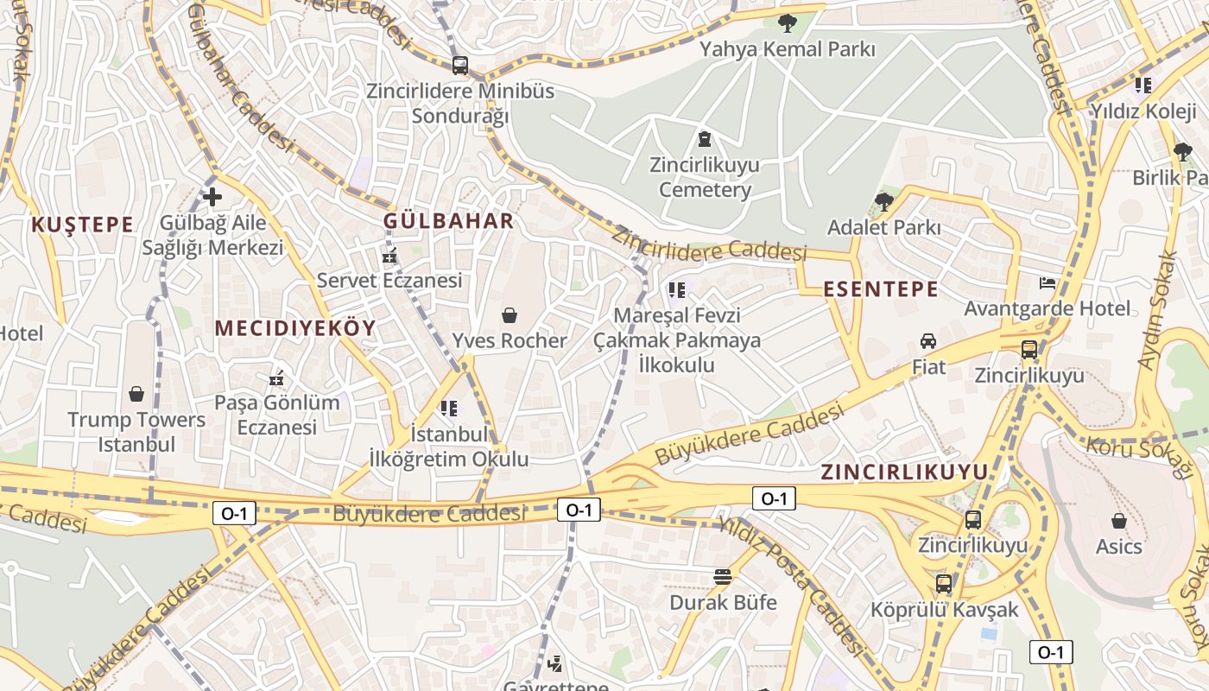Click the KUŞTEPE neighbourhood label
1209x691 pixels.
[x=82, y=225]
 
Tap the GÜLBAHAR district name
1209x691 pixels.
[x=448, y=221]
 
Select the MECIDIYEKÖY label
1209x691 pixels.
[x=295, y=328]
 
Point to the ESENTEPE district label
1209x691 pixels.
[x=881, y=289]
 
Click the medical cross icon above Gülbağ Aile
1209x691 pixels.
[x=212, y=197]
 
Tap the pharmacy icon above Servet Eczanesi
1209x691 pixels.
[x=389, y=256]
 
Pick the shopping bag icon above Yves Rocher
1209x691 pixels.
[x=510, y=315]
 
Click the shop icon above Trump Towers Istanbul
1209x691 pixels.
[x=136, y=395]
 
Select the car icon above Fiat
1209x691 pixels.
[x=928, y=341]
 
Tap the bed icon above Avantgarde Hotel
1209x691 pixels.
[x=1047, y=283]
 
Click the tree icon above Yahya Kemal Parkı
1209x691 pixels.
[x=787, y=23]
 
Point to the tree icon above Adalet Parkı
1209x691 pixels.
[x=883, y=202]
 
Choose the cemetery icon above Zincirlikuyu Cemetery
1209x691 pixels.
[x=705, y=139]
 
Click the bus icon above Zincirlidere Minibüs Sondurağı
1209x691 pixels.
[x=459, y=65]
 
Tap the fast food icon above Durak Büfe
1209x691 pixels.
[x=723, y=577]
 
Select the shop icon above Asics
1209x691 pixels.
[x=1118, y=521]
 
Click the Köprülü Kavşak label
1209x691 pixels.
[x=945, y=610]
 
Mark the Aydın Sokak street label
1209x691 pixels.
[x=1158, y=311]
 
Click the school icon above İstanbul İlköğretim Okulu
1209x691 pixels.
[x=448, y=408]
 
